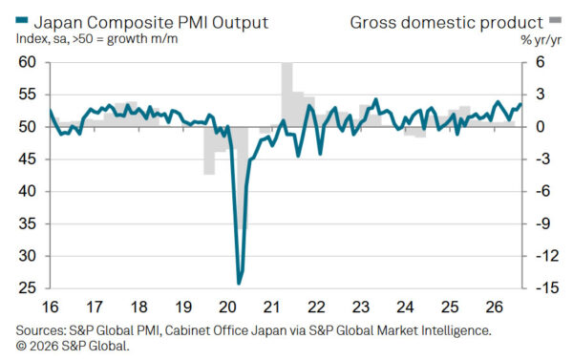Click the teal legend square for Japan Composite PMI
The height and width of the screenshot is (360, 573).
[21, 20]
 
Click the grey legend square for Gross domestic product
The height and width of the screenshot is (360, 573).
[556, 20]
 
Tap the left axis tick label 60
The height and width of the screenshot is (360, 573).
[28, 62]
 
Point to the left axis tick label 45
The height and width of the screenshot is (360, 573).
[28, 159]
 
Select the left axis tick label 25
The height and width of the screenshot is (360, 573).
[28, 288]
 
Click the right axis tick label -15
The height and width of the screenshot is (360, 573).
[547, 288]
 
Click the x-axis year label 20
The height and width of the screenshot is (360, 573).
[227, 307]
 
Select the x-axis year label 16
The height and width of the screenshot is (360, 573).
[50, 307]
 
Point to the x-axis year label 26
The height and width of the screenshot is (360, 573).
[494, 307]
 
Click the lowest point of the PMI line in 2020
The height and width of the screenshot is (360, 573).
[239, 284]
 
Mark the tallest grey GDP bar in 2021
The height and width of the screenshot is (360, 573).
[286, 95]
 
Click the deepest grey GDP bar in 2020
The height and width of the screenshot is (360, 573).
[242, 178]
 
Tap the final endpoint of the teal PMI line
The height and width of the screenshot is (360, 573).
[520, 104]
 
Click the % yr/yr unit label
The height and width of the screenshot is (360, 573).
[541, 40]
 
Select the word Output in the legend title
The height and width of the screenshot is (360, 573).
[240, 23]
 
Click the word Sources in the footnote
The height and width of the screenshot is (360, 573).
[40, 330]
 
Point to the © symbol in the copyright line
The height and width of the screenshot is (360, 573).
[21, 346]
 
